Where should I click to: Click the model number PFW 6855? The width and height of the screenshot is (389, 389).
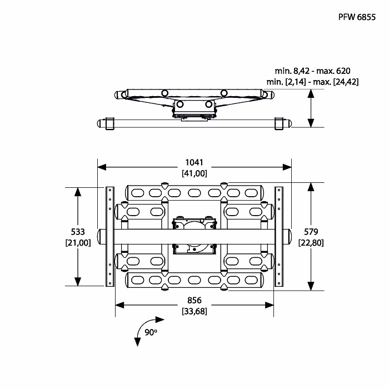click(357, 17)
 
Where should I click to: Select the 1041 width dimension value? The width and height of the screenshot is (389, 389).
click(194, 162)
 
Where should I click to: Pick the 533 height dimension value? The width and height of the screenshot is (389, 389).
click(78, 232)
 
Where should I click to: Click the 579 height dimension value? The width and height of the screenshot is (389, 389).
click(311, 232)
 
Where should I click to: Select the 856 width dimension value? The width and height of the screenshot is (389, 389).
click(194, 300)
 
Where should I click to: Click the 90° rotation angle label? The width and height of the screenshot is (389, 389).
click(151, 332)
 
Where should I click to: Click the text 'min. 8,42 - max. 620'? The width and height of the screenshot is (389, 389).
click(312, 71)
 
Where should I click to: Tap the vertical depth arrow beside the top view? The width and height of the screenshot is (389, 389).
click(311, 108)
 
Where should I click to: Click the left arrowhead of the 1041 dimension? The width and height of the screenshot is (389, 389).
click(102, 167)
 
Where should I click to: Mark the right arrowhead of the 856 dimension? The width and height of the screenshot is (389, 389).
click(269, 305)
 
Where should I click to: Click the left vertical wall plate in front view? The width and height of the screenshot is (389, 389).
click(110, 237)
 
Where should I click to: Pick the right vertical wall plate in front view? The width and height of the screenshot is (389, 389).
click(279, 237)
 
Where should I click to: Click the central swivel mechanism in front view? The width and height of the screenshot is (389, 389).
click(194, 236)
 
